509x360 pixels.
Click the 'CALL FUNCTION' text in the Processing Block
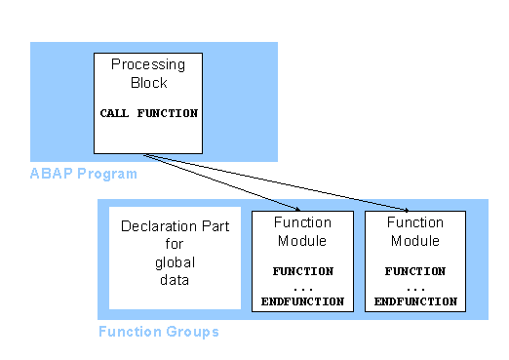pos(148,113)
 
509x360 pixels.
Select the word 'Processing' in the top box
pos(147,64)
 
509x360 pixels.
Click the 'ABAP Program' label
pos(83,174)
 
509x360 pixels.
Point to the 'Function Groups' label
pos(159,332)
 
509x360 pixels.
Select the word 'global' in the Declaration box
pos(175,262)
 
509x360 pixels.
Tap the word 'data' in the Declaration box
pos(175,280)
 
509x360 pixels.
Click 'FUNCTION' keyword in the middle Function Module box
pos(302,270)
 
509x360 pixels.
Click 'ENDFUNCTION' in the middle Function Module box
pos(302,301)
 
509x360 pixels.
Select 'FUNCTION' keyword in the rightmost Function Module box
pos(415,270)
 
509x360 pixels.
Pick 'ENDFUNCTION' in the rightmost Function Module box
pos(415,301)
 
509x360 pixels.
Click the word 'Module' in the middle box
pos(302,240)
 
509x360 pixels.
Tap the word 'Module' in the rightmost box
pos(415,240)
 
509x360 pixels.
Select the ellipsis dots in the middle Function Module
pos(301,287)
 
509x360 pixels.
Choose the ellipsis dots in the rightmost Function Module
pos(414,287)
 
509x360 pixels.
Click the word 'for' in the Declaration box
pos(175,245)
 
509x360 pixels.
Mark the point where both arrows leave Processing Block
pos(143,154)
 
